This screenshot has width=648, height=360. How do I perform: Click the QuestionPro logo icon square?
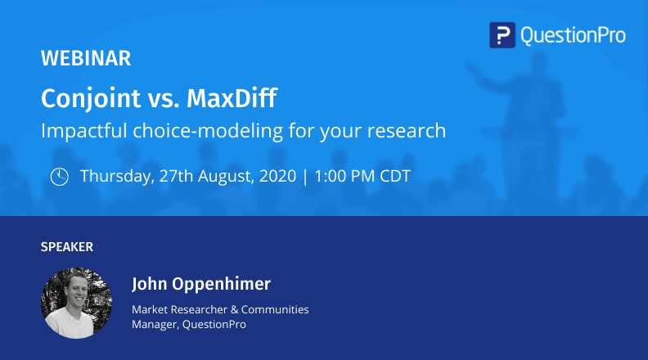[x=502, y=35]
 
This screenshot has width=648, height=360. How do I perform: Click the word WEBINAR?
[x=86, y=59]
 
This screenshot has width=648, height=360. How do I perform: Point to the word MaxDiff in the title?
[x=232, y=99]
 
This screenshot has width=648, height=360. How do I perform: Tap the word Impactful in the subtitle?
[x=79, y=130]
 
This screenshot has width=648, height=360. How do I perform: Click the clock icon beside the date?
[x=59, y=177]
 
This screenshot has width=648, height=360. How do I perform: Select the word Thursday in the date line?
[x=114, y=176]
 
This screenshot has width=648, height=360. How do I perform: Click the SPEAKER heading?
[x=67, y=246]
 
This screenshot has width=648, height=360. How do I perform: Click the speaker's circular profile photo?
[x=77, y=302]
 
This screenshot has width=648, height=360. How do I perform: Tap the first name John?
[x=149, y=285]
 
